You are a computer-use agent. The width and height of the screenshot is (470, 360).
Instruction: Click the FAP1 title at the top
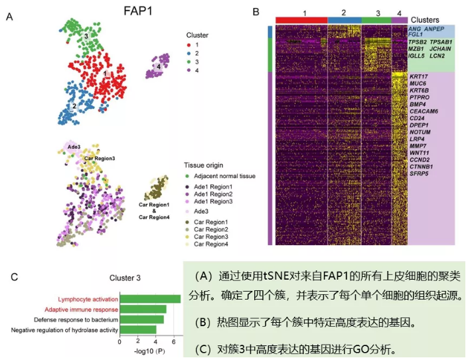[x=140, y=10]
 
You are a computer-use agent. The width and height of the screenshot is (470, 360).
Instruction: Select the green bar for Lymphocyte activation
[x=150, y=299]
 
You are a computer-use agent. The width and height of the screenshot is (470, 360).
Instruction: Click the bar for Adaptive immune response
[x=143, y=309]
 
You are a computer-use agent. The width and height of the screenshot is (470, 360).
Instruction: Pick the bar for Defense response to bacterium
[x=141, y=319]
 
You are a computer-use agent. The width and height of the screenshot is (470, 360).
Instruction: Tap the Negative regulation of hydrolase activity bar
[x=137, y=329]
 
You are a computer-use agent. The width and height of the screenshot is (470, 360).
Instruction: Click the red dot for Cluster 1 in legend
[x=189, y=44]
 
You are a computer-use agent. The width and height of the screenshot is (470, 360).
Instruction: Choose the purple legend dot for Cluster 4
[x=189, y=70]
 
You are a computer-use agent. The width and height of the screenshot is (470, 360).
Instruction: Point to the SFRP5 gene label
[x=420, y=173]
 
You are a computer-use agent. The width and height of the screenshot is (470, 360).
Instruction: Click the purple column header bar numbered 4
[x=399, y=21]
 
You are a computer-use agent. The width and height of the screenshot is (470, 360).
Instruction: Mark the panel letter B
[x=256, y=12]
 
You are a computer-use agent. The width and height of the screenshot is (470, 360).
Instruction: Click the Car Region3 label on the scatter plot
[x=100, y=159]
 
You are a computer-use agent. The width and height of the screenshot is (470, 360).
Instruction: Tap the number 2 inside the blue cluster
[x=74, y=106]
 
